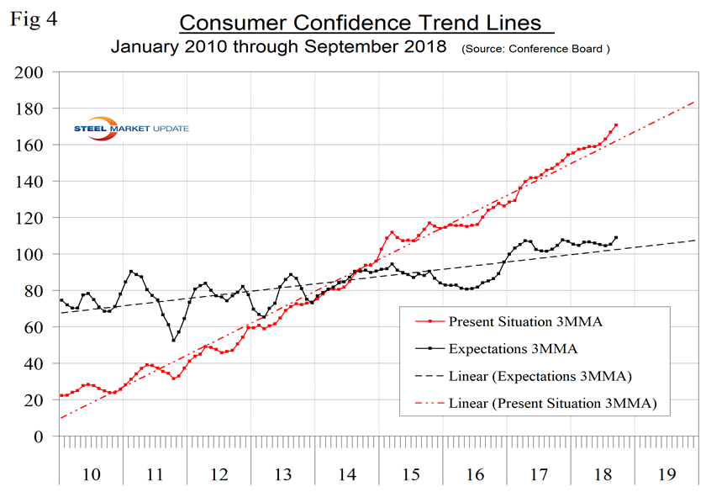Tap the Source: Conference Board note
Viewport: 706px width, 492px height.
pos(535,49)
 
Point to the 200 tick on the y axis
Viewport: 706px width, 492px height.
pos(30,72)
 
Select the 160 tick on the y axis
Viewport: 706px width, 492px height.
pos(30,145)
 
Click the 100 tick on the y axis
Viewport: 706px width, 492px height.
pos(30,254)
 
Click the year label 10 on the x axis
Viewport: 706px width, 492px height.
pos(91,474)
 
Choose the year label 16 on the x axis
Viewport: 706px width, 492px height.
pos(474,474)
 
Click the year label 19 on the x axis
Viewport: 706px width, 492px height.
pos(666,474)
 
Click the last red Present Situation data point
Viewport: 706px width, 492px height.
pos(616,125)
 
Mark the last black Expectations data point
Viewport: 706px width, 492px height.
pos(616,237)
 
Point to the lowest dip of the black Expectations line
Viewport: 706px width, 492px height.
pos(174,340)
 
